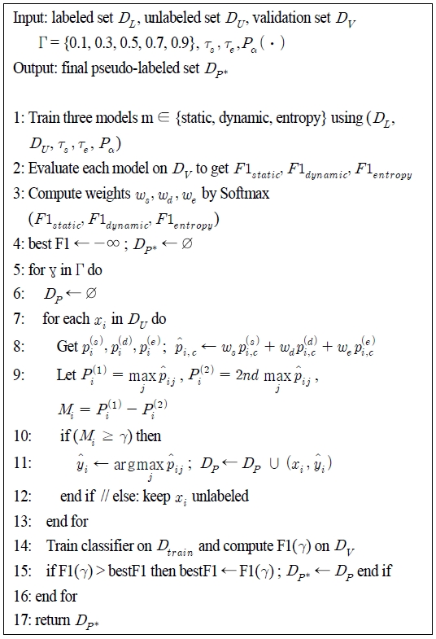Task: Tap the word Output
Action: pos(32,68)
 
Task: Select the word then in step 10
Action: pos(149,435)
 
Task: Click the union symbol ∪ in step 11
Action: pos(280,466)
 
